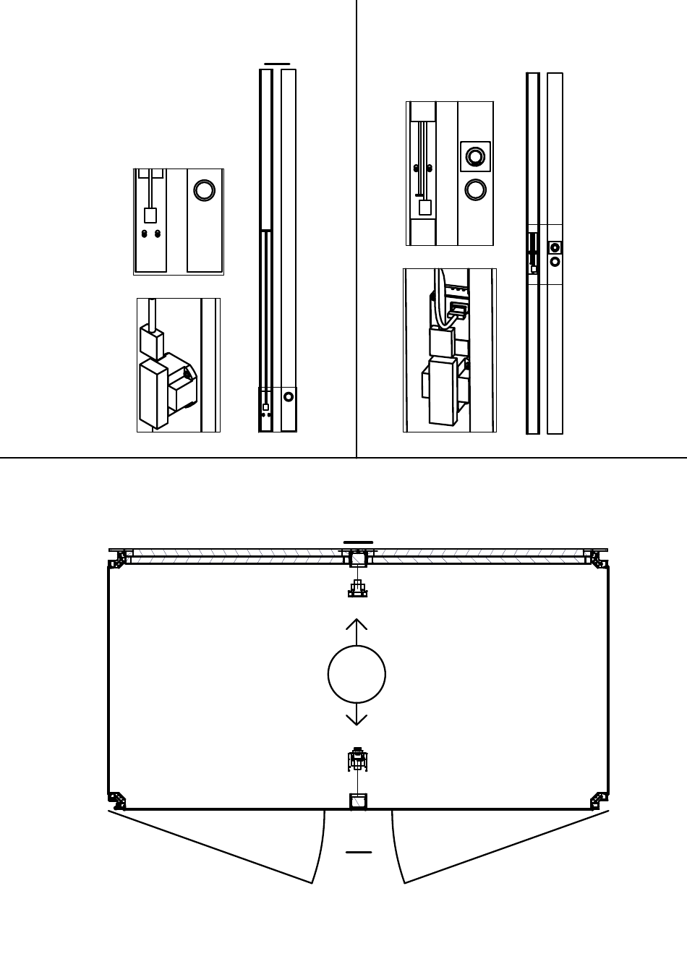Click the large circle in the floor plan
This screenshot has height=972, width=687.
(x=357, y=674)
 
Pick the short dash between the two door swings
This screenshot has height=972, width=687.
(x=359, y=852)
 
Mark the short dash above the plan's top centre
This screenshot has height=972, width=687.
(x=358, y=542)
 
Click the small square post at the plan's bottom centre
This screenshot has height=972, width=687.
(x=358, y=801)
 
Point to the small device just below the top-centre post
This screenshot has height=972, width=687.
(x=357, y=589)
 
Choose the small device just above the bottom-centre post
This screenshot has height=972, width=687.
(x=357, y=759)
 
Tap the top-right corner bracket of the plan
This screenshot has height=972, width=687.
(x=596, y=558)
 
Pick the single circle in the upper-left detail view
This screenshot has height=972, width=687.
(x=205, y=190)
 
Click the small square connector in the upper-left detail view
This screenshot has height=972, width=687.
(x=150, y=216)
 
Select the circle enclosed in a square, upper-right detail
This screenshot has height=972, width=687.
(x=475, y=156)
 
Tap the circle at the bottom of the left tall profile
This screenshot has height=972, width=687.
(x=289, y=396)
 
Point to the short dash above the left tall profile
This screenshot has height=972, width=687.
(x=277, y=64)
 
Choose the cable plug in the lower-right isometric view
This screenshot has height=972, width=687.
(x=457, y=312)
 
